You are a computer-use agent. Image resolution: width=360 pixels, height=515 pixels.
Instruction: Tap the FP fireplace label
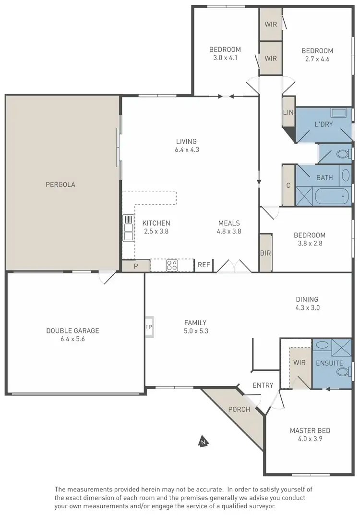(x=148, y=327)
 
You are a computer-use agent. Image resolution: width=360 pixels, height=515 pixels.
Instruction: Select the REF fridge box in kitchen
(x=204, y=265)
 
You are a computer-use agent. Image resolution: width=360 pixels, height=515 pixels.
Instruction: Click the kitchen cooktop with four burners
(x=172, y=265)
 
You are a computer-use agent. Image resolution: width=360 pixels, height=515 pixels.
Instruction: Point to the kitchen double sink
(x=128, y=227)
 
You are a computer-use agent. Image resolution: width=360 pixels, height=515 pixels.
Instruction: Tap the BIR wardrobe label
(x=265, y=253)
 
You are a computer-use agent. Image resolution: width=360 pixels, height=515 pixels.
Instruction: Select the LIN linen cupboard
(x=288, y=112)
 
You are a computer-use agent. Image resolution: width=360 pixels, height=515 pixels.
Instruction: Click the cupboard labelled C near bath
(x=288, y=185)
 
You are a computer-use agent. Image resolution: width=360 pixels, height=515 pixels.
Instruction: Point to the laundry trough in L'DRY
(x=339, y=114)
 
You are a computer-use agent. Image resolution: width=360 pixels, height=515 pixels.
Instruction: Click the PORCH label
(x=239, y=409)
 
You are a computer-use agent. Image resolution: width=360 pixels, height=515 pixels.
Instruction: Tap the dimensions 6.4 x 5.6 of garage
(x=72, y=339)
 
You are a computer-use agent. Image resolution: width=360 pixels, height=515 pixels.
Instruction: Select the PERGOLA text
(x=60, y=184)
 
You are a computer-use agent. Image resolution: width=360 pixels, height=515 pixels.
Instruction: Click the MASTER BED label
(x=310, y=430)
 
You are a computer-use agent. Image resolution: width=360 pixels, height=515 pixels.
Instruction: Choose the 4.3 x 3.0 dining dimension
(x=307, y=308)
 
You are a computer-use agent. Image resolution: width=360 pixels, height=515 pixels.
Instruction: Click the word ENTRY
(x=263, y=385)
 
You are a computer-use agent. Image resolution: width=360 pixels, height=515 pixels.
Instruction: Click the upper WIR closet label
(x=271, y=24)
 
